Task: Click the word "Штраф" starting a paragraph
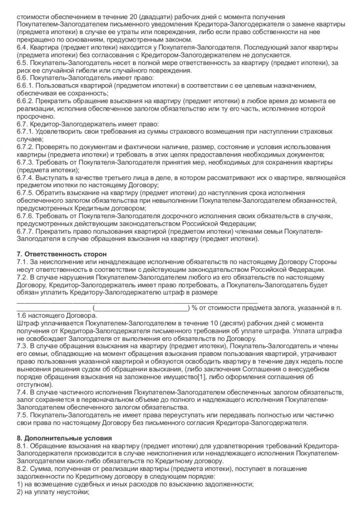click(27, 324)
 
